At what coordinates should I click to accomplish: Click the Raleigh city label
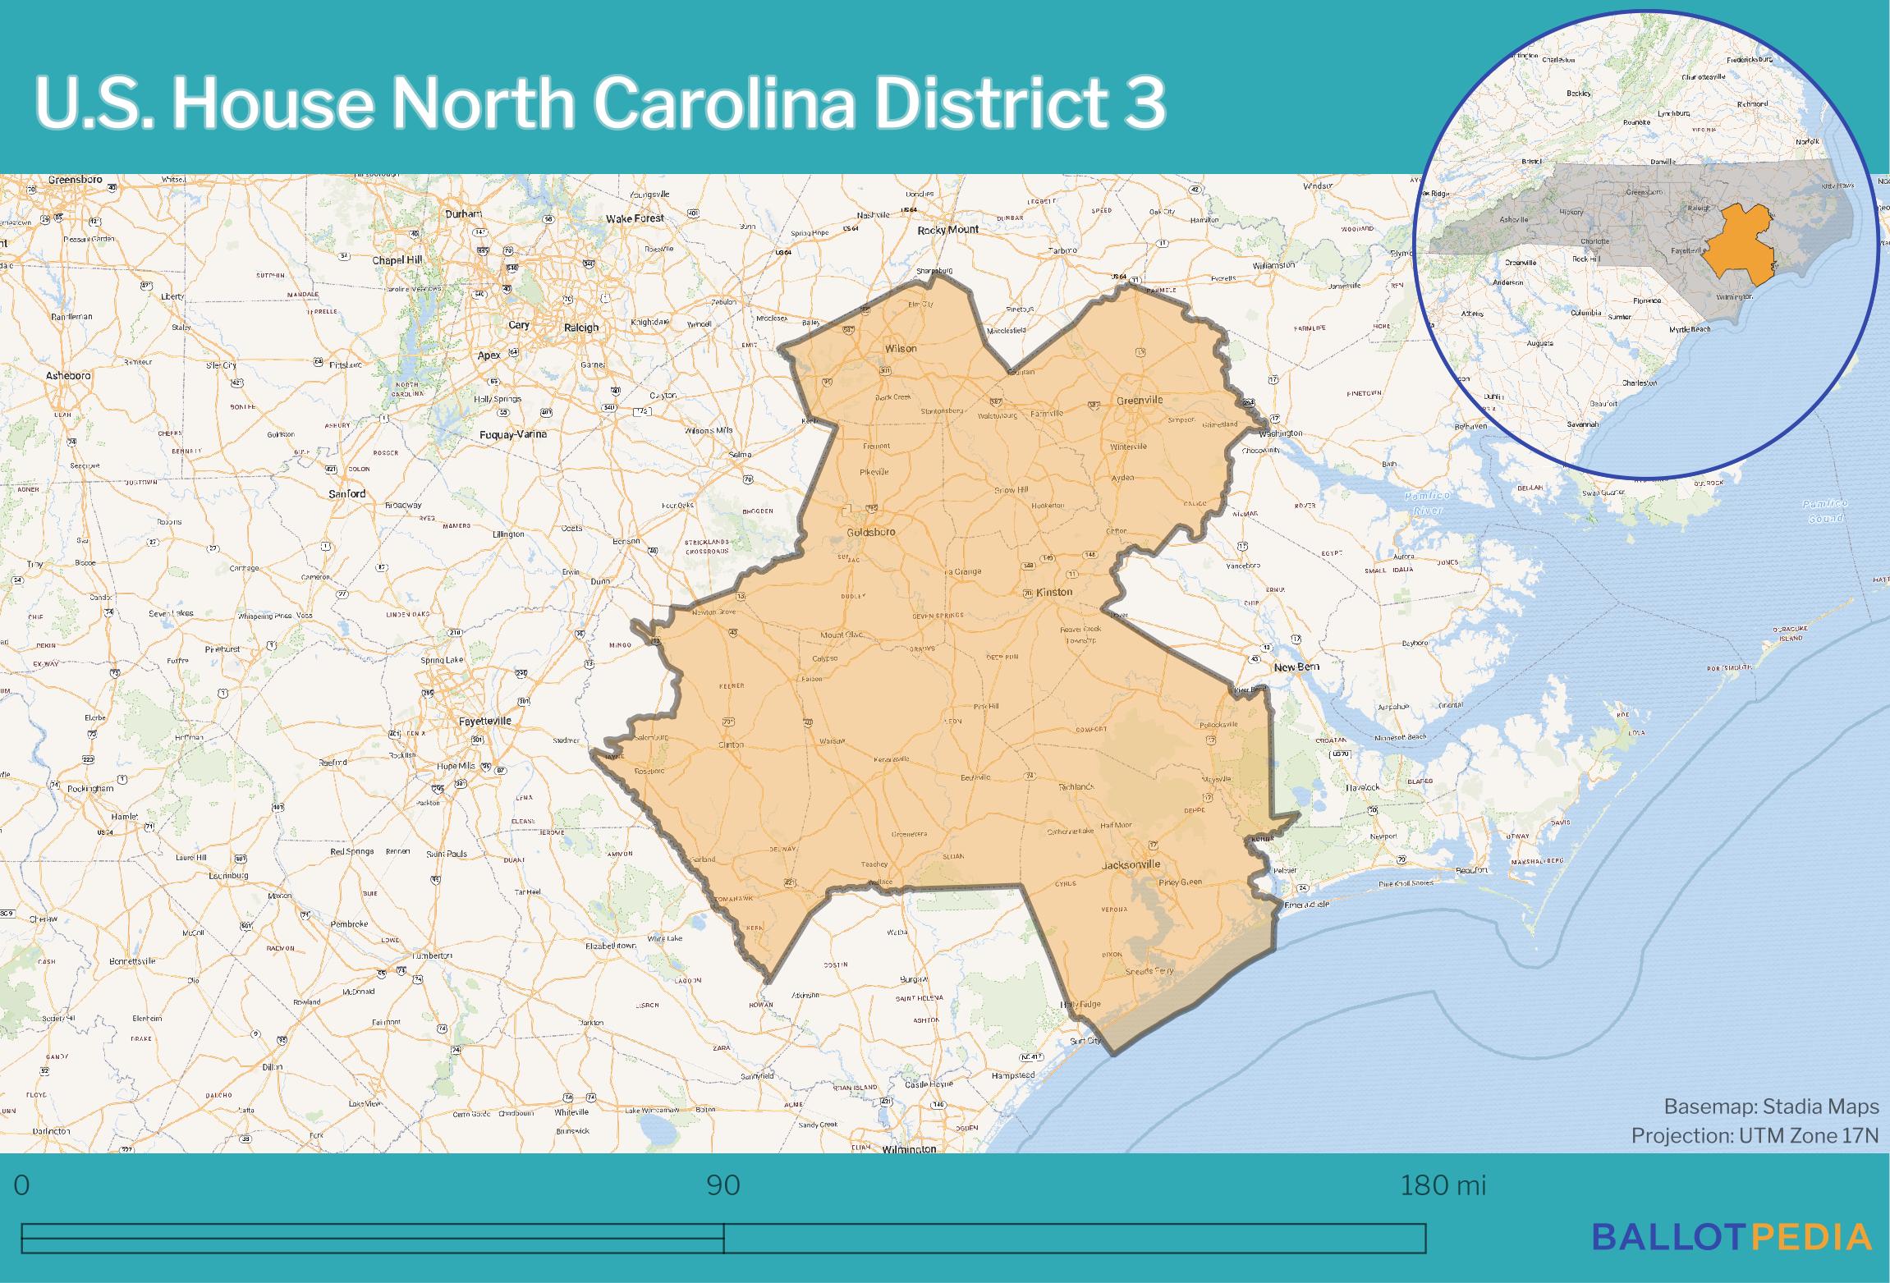point(581,328)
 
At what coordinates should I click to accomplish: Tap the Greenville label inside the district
point(1140,401)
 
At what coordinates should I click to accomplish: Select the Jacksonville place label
point(1131,864)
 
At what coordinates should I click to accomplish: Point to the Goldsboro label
point(870,532)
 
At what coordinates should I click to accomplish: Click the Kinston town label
point(1054,592)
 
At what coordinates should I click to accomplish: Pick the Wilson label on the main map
point(900,349)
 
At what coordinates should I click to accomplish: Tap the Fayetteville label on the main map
point(484,721)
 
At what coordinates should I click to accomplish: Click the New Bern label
point(1296,667)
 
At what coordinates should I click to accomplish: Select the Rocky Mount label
point(948,231)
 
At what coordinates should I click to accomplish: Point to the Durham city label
point(463,213)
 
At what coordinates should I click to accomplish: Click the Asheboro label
point(68,376)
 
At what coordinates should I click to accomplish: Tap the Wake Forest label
point(635,218)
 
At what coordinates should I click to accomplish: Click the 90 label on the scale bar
point(723,1186)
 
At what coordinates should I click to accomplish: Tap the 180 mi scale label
point(1443,1186)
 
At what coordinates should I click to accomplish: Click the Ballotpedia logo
point(1732,1237)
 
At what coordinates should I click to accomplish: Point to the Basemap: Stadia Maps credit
point(1771,1107)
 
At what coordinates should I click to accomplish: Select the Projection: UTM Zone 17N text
point(1755,1135)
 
